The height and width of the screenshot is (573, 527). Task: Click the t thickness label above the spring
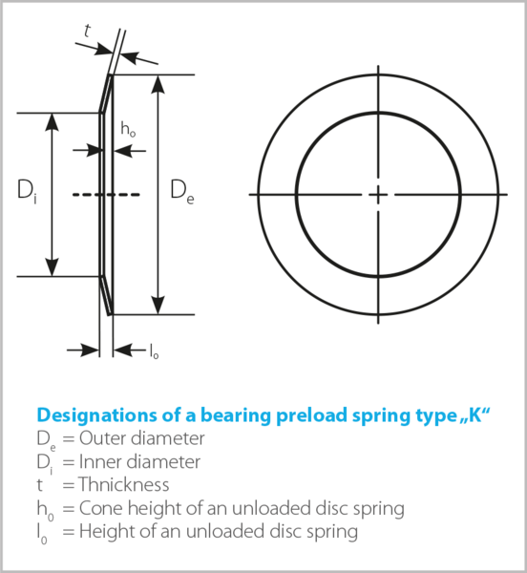point(87,31)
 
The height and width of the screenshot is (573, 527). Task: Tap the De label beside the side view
point(182,192)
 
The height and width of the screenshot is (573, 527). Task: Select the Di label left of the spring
point(27,192)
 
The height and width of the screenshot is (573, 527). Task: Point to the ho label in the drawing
point(128,129)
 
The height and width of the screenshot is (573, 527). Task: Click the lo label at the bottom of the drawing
point(154,351)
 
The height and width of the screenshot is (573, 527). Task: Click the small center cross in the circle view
point(378,195)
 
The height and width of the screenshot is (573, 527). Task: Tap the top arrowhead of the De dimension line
point(158,84)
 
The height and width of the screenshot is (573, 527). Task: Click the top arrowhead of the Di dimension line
point(53,122)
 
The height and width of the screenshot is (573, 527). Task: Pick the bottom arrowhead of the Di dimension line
point(53,267)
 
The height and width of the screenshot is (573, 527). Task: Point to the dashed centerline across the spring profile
point(106,195)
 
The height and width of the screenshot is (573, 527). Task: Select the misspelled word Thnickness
point(124,484)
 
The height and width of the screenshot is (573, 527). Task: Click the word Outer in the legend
point(102,438)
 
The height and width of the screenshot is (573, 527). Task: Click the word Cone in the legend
point(101,508)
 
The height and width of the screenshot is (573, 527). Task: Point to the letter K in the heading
point(475,414)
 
